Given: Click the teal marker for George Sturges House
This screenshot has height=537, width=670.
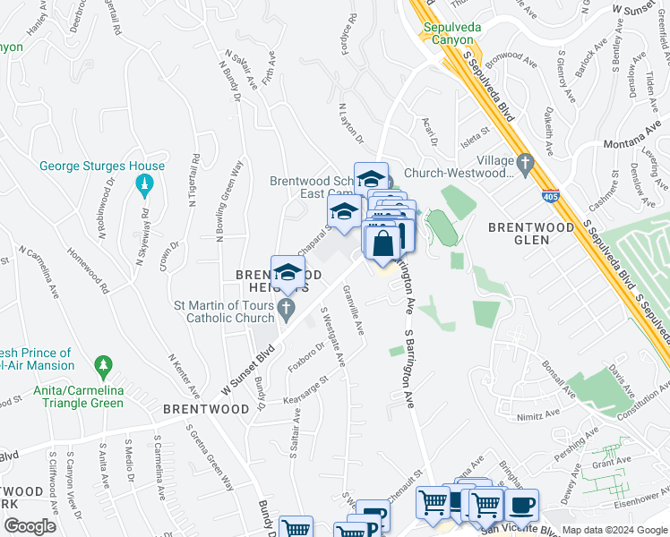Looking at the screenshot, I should click(x=144, y=186).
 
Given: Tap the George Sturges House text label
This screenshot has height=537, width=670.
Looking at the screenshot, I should click(x=102, y=166).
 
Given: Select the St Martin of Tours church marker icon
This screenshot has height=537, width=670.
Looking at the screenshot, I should click(x=286, y=311).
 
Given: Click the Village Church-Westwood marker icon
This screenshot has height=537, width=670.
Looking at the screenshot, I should click(x=525, y=165).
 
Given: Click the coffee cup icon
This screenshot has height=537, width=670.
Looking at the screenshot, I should click(x=520, y=504).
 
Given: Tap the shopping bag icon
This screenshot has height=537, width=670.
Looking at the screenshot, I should click(x=382, y=242).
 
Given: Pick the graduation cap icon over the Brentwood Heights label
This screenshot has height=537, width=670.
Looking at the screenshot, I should click(x=288, y=273).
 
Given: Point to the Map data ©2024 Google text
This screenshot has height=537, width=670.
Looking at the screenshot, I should click(x=614, y=530).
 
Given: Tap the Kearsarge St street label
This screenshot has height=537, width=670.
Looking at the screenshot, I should click(x=306, y=389).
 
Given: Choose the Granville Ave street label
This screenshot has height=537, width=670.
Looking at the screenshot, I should click(x=354, y=310).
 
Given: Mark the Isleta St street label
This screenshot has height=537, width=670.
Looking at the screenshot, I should click(x=475, y=131).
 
